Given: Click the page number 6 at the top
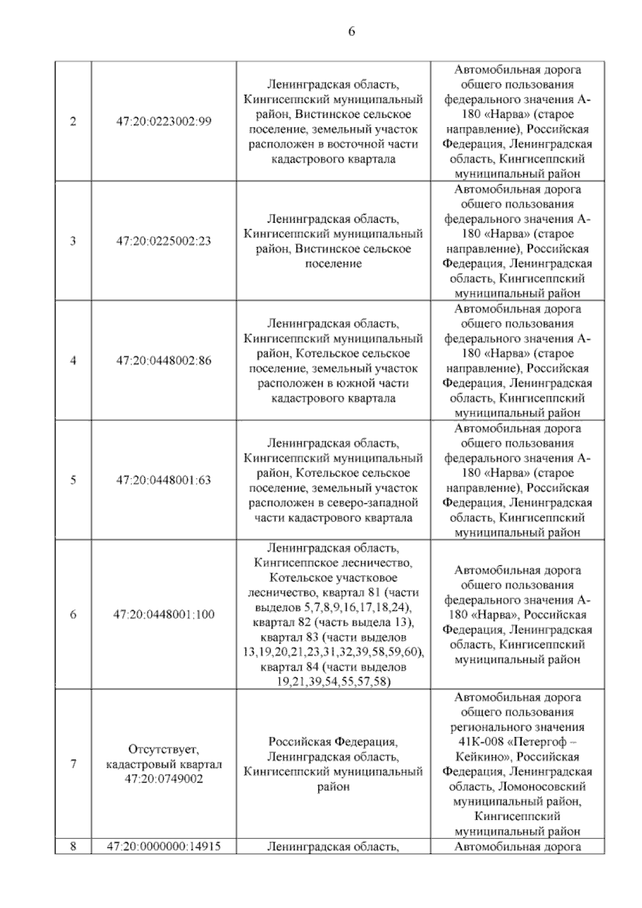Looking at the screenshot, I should (351, 32).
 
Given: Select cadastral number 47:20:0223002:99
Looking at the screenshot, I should (164, 122).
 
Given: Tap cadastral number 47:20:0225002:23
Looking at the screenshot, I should (164, 241).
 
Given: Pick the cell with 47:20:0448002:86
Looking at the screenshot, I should (164, 361).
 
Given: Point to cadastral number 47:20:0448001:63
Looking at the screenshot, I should (164, 480).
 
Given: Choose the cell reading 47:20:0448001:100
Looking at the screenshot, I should (164, 615).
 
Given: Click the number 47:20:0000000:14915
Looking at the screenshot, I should (164, 846).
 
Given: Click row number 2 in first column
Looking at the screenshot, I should (73, 122).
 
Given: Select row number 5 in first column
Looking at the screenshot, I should (73, 480).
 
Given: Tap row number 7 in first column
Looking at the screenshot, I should (73, 764).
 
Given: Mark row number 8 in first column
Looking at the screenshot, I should (73, 846).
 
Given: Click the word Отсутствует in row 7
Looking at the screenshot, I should (164, 749).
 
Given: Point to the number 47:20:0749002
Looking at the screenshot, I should (164, 779).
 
